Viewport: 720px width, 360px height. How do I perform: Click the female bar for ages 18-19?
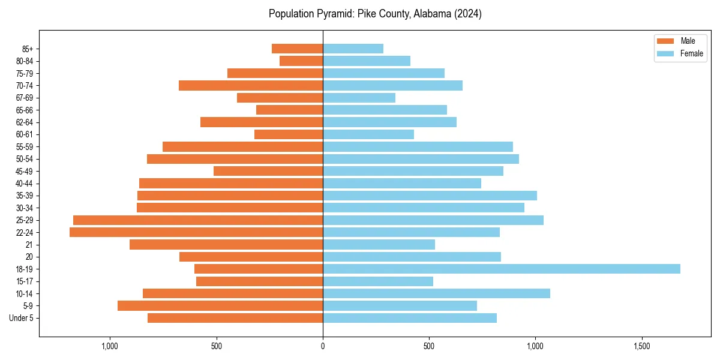point(501,269)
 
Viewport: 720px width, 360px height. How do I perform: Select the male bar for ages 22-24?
point(196,232)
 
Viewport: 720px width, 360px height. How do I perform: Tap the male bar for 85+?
point(297,49)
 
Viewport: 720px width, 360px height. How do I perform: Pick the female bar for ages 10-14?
point(436,293)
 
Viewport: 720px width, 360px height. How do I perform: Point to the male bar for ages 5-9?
point(220,305)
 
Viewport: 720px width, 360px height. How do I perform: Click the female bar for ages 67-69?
point(359,98)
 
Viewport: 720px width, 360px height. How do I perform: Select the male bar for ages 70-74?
point(251,85)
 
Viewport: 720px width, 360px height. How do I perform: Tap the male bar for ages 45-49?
point(268,171)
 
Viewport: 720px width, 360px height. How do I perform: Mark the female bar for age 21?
point(379,244)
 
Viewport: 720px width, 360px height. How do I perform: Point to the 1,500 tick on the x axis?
point(642,346)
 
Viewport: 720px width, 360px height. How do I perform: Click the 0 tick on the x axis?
point(323,346)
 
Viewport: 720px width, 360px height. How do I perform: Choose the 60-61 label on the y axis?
point(25,134)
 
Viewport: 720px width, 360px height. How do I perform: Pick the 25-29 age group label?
point(25,220)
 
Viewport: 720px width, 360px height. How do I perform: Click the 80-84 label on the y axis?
point(25,61)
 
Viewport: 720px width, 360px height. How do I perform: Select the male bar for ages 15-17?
point(259,281)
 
